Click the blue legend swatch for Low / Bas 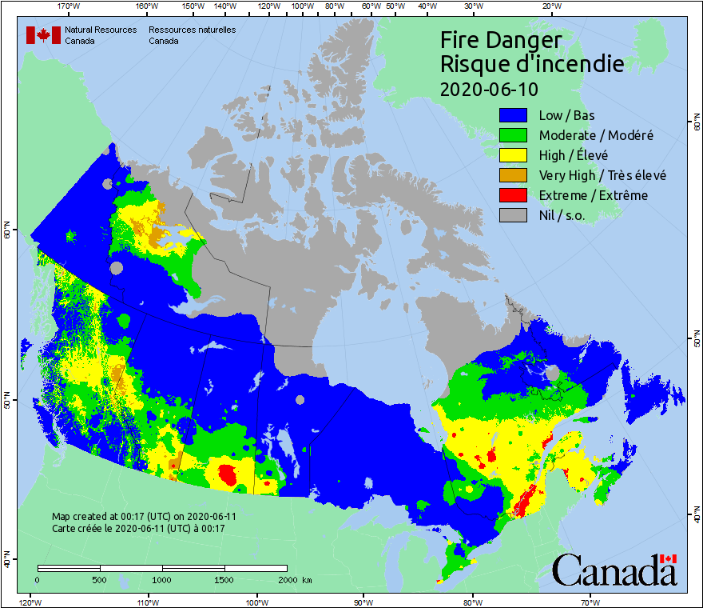coord(514,115)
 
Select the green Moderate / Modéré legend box coord(514,135)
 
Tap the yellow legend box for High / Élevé coord(514,155)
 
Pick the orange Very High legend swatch coord(514,175)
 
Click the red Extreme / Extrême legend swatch coord(514,195)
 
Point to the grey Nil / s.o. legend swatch coord(514,215)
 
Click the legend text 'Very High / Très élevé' coord(602,175)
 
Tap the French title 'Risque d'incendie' coord(531,64)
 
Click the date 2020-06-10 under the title coord(489,88)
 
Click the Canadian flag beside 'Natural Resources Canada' coord(43,35)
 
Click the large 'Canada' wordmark coord(614,570)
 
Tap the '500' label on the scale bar coord(99,579)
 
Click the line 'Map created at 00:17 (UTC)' coord(144,517)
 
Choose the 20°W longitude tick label coord(550,6)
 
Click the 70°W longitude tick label coord(590,602)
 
